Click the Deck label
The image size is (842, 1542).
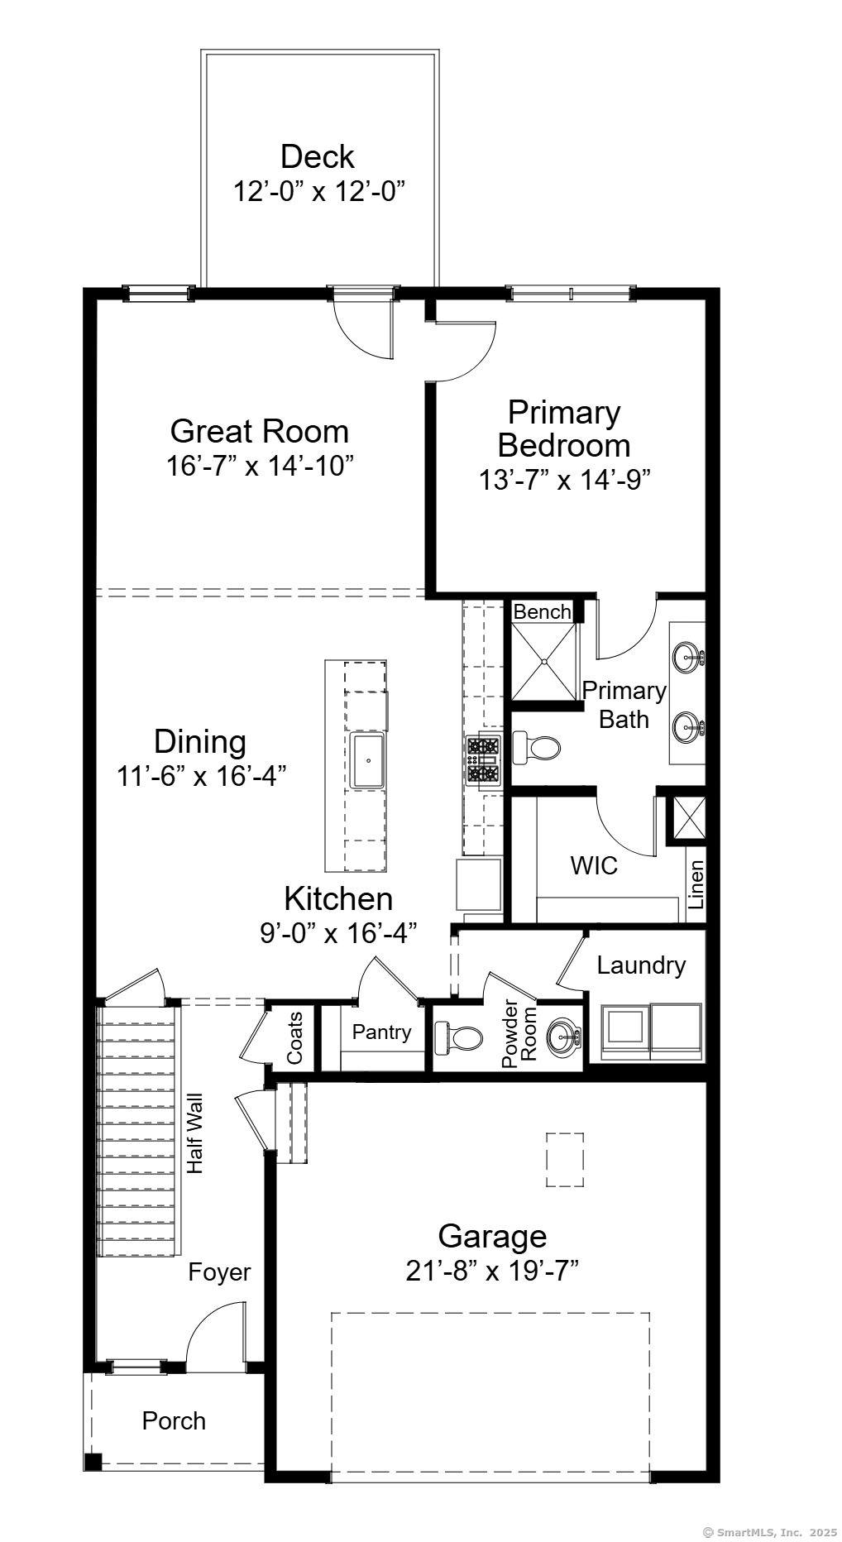[x=318, y=156]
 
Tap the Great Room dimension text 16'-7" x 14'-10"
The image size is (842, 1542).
[x=261, y=466]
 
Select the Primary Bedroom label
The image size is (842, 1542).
[x=564, y=429]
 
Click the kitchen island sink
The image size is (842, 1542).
[x=368, y=759]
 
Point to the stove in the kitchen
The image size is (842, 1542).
[x=483, y=759]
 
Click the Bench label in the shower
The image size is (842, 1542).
[x=543, y=611]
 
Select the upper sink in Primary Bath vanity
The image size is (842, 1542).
[x=688, y=658]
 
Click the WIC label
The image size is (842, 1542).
[x=594, y=866]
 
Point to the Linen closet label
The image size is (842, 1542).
[x=696, y=885]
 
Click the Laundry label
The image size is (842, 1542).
[x=641, y=965]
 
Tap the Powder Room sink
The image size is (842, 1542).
[x=565, y=1035]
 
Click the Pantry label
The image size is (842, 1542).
[x=381, y=1032]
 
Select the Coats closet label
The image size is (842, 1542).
[x=294, y=1038]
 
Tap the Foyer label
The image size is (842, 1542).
[x=219, y=1271]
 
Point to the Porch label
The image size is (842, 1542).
[x=174, y=1420]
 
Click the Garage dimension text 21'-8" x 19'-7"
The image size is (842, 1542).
[x=492, y=1270]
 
